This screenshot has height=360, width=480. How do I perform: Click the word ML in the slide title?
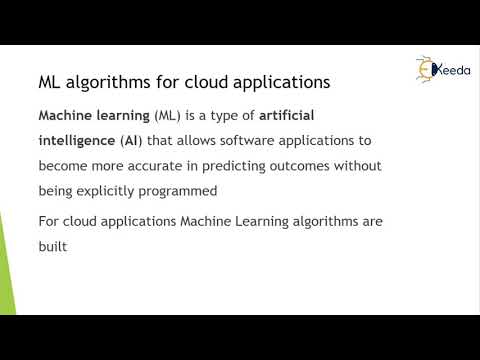(x=50, y=81)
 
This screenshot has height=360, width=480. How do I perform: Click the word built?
(x=52, y=245)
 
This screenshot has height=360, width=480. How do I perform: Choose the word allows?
(x=203, y=141)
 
